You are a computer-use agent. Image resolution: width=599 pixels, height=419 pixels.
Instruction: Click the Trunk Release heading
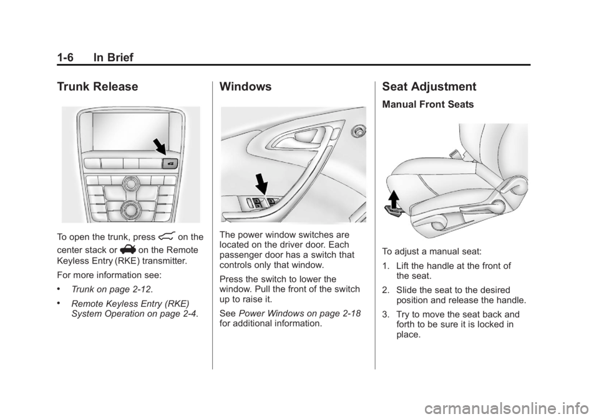(x=97, y=87)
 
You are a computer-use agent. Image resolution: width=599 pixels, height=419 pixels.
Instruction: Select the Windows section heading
(x=246, y=87)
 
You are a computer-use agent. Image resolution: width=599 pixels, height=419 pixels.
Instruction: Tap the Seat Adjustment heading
(x=429, y=87)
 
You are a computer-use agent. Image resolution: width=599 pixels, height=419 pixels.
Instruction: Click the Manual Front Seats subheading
(x=428, y=105)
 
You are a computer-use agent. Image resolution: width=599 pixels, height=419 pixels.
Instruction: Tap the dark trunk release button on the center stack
(x=170, y=164)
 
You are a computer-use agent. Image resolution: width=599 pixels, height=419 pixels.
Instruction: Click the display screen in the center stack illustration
(x=130, y=132)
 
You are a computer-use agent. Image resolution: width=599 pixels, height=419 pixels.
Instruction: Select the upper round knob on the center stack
(x=131, y=183)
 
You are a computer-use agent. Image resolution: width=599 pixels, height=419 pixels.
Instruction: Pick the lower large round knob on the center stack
(x=130, y=209)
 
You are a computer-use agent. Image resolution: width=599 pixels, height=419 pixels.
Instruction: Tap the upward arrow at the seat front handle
(x=394, y=199)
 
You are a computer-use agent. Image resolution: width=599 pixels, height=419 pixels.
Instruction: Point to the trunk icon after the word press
(x=166, y=236)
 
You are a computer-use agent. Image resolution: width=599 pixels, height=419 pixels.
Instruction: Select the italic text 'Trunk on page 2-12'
(x=111, y=289)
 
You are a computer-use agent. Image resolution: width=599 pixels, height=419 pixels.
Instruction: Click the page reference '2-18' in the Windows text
(x=351, y=313)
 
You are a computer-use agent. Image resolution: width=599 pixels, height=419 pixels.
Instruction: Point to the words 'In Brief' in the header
(x=113, y=57)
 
